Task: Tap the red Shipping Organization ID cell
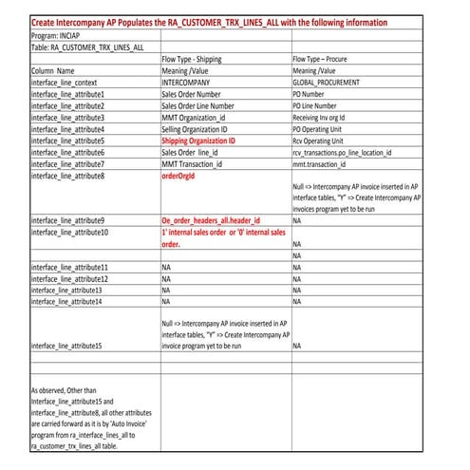coord(212,141)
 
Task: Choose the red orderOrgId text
coord(183,176)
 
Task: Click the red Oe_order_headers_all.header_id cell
coord(210,220)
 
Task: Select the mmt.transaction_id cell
coord(326,163)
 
